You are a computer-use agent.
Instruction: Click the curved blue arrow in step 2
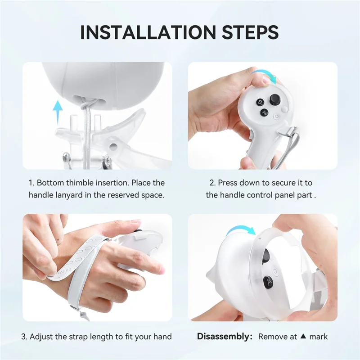coord(265,75)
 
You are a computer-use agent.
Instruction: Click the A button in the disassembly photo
coord(267,282)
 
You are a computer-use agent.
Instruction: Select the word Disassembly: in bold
coord(224,336)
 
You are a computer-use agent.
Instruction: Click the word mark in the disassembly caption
coord(319,336)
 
